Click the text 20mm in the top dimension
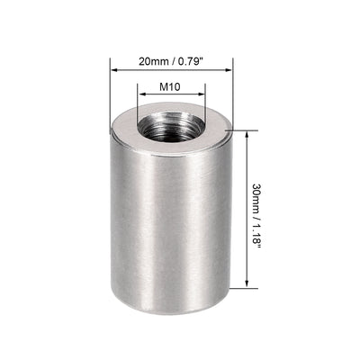click(151, 60)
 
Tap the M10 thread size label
click(171, 88)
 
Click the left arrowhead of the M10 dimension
click(141, 98)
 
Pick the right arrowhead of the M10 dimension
click(202, 98)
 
